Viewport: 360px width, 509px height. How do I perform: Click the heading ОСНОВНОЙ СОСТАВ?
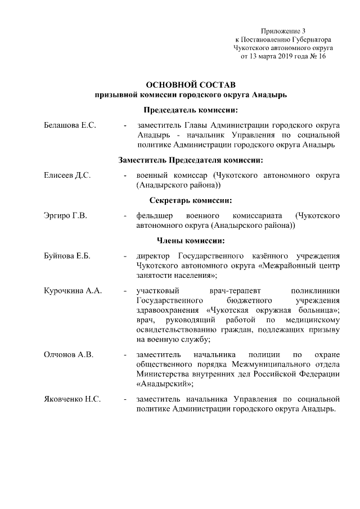(x=190, y=84)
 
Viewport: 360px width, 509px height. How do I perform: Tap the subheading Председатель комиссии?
(x=191, y=110)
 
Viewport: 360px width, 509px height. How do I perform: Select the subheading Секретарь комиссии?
(x=191, y=200)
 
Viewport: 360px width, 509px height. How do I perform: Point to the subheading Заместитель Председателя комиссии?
(x=191, y=160)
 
